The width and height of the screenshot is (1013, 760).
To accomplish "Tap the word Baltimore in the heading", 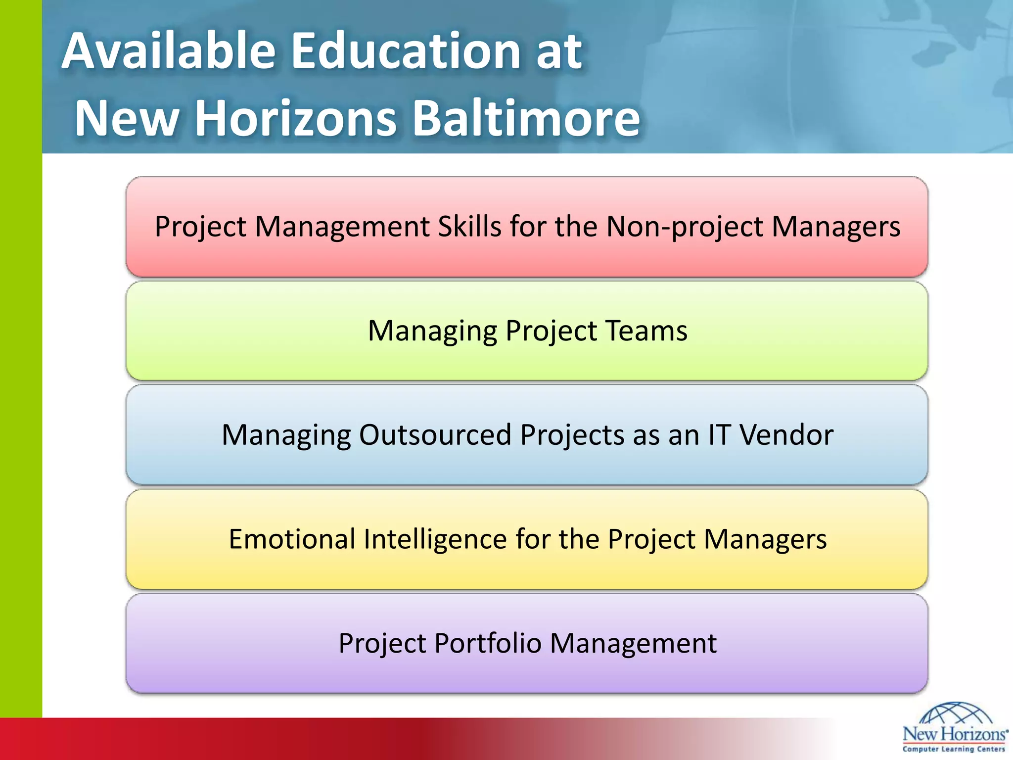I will click(526, 118).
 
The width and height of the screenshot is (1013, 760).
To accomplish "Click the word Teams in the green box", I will click(646, 331).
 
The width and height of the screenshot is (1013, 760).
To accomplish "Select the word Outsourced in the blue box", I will click(435, 435).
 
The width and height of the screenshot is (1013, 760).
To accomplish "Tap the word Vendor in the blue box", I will click(786, 435).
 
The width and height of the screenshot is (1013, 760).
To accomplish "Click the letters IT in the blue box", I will click(719, 435).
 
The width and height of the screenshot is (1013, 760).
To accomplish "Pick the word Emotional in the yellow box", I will click(292, 539).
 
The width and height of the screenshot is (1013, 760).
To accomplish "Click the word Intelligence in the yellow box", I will click(435, 540).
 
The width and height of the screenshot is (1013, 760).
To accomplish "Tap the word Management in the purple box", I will click(633, 644).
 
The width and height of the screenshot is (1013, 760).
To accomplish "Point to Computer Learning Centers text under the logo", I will click(954, 749).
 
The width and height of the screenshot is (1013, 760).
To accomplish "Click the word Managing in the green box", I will click(432, 332).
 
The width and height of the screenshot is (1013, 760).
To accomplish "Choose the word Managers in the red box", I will click(836, 227).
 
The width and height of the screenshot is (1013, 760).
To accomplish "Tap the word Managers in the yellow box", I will click(765, 540).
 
